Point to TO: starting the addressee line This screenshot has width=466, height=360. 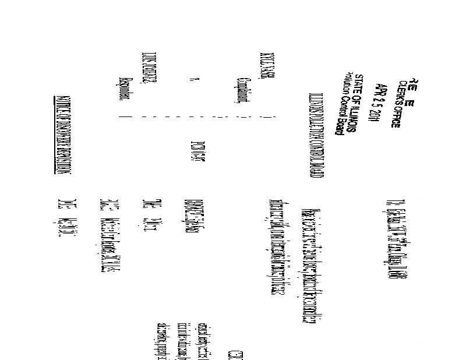point(390,202)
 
